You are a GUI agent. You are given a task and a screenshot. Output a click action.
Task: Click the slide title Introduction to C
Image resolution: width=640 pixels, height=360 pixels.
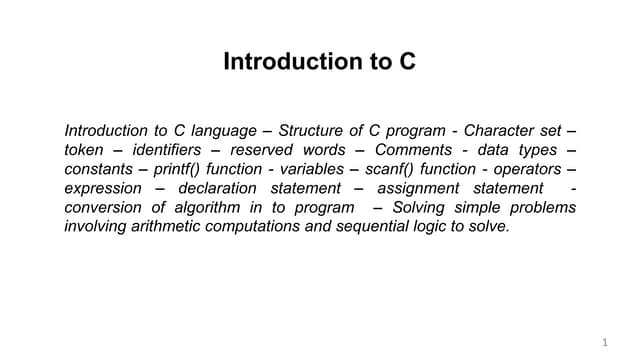coord(319,62)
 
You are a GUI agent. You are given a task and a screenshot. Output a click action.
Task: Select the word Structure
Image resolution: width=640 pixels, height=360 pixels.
coord(311,131)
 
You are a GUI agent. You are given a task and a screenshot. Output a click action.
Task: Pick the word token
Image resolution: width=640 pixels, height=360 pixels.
coord(84,150)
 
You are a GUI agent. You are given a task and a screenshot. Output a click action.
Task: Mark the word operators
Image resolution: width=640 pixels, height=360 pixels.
coord(527,169)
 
